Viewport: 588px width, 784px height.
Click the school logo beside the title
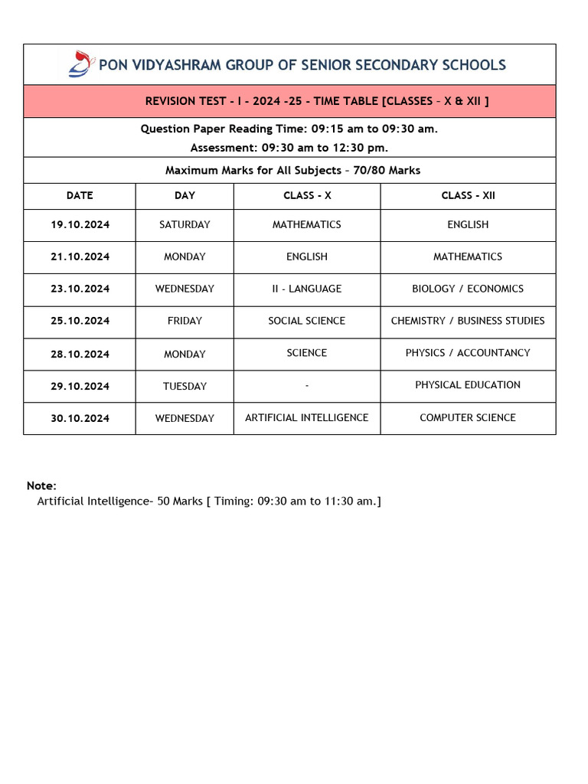tap(80, 64)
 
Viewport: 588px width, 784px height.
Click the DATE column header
tap(80, 196)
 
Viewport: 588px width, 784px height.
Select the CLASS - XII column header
tap(468, 196)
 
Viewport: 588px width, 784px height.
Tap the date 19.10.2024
tap(80, 225)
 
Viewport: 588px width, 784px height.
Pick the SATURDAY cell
tap(185, 225)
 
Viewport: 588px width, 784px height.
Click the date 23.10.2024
tap(80, 289)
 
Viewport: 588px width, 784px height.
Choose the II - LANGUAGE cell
tap(306, 289)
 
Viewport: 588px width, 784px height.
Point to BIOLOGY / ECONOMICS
tap(468, 289)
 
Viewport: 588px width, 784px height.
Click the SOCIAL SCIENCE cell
tap(306, 321)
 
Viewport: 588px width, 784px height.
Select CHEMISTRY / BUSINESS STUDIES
tap(468, 321)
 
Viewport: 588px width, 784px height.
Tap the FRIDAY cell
tap(185, 322)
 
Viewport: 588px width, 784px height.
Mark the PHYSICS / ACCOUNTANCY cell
tap(468, 353)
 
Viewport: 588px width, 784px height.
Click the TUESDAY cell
tap(185, 387)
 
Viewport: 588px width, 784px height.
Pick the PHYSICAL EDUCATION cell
tap(468, 385)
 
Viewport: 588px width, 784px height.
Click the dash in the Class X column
tap(306, 386)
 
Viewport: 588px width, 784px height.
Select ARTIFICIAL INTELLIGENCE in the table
tap(306, 418)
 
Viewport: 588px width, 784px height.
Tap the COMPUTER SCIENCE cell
tap(468, 418)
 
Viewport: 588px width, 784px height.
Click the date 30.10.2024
tap(80, 419)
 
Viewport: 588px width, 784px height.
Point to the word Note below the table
tap(41, 485)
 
